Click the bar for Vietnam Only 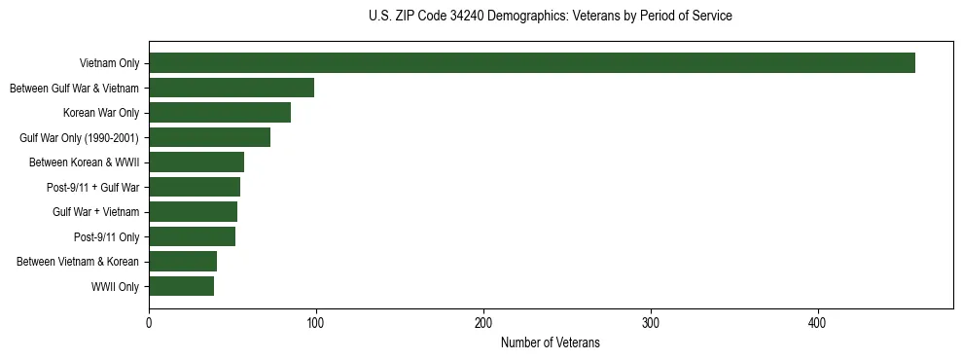532,63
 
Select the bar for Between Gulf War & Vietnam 232,88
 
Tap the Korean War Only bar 220,113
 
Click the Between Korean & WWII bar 196,162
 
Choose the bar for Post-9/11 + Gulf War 195,187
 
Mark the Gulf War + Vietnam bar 193,212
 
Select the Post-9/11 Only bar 192,236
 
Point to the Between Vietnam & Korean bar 183,262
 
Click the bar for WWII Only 181,286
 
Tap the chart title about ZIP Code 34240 551,17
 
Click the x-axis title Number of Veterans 551,343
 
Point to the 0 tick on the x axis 149,323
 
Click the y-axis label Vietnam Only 108,64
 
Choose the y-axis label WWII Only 115,287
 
